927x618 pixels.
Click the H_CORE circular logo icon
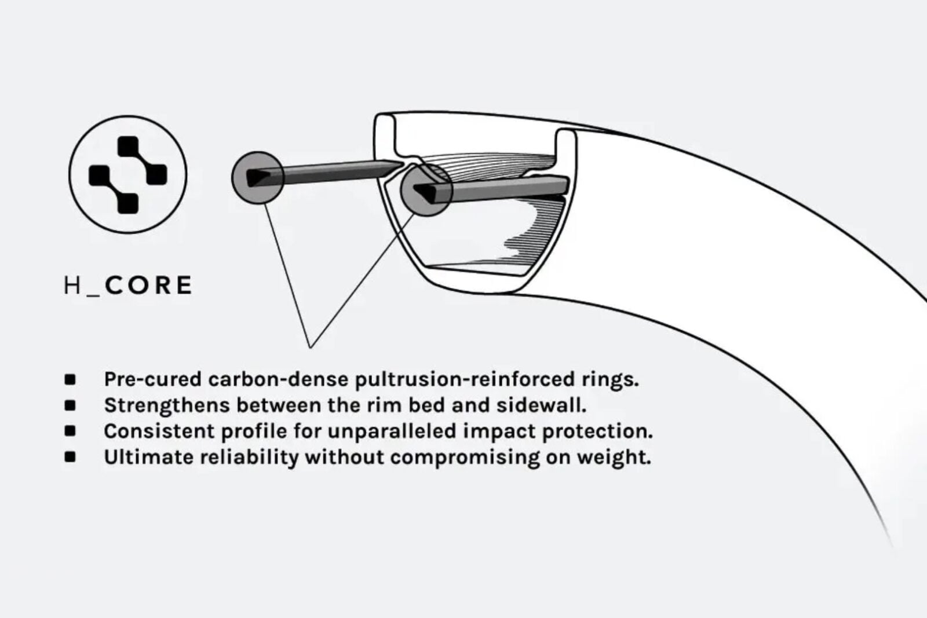(x=127, y=174)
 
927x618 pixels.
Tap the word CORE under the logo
(x=148, y=286)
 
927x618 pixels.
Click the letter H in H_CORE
(x=72, y=286)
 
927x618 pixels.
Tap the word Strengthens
(x=167, y=405)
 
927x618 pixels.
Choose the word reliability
(x=250, y=457)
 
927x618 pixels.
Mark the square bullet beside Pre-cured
(x=70, y=380)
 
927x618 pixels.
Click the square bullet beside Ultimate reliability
(x=70, y=457)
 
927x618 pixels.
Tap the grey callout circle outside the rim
(x=258, y=178)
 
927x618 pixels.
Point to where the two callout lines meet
(x=310, y=348)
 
